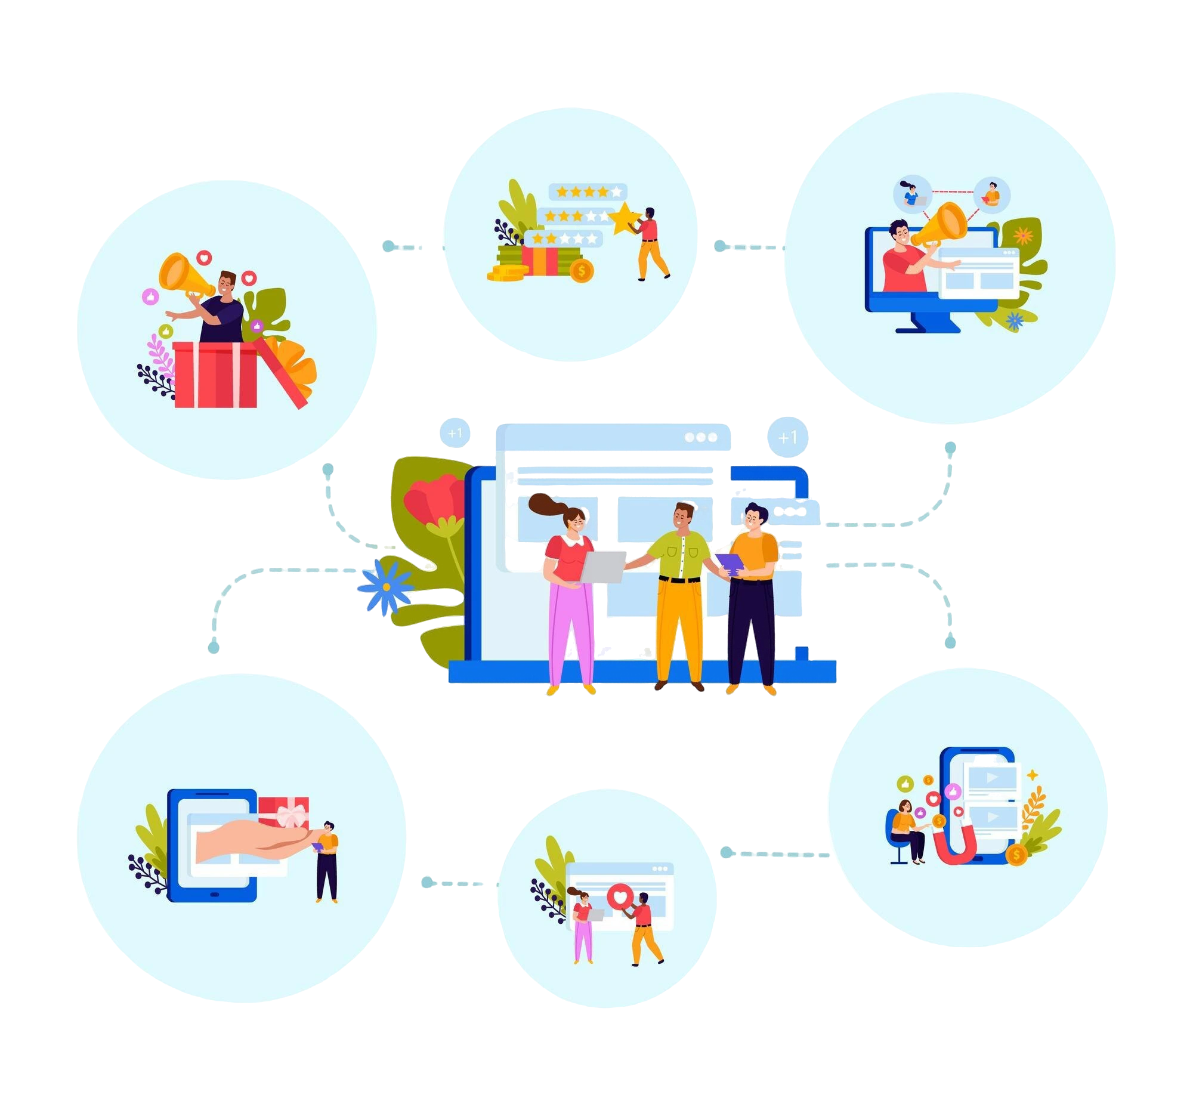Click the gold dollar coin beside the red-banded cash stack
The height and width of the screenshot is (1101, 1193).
[x=581, y=271]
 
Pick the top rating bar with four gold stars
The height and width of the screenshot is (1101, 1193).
[x=588, y=192]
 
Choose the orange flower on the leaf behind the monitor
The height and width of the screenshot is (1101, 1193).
[x=1023, y=236]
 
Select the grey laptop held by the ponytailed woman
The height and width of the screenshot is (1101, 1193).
[x=603, y=566]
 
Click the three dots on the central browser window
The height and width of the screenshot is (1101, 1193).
[x=701, y=437]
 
